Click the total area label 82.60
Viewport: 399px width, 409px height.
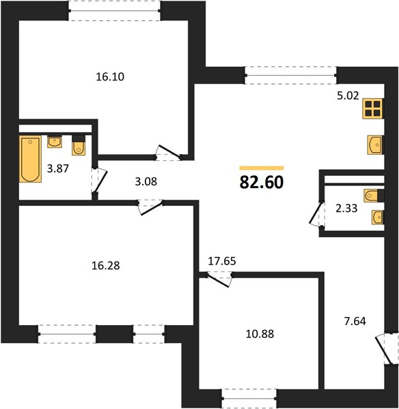tap(262, 182)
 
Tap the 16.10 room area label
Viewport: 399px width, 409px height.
tap(110, 77)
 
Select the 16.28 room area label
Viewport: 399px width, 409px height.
tap(106, 266)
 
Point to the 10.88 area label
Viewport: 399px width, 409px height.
tap(260, 334)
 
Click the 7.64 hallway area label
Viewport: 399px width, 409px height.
tap(355, 321)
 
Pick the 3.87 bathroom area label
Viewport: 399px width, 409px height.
tap(58, 168)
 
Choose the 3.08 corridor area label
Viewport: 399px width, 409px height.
tap(146, 181)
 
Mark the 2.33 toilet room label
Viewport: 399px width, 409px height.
tap(346, 209)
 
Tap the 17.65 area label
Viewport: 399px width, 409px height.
tap(222, 261)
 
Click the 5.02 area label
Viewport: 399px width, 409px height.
tap(348, 95)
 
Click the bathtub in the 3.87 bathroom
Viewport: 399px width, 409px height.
tap(30, 159)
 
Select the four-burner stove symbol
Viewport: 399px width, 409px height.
tap(373, 108)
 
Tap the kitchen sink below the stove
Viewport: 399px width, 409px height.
tap(376, 145)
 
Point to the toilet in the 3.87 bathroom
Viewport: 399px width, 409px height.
tap(79, 146)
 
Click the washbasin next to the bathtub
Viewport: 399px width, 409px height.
tap(55, 142)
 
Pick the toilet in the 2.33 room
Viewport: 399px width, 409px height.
tap(374, 196)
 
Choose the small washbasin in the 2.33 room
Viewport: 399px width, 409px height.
tap(378, 217)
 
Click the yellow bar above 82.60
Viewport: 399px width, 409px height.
tap(262, 168)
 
